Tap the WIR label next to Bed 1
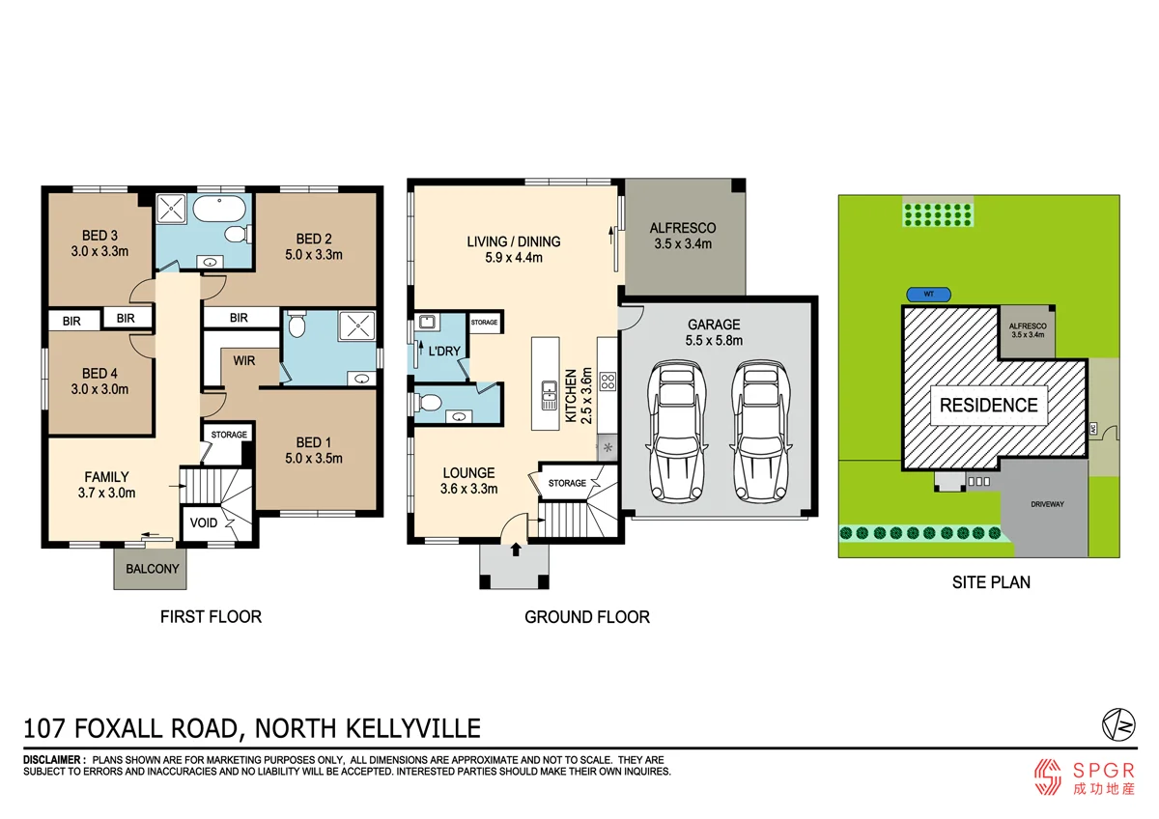(x=244, y=361)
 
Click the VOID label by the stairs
(x=204, y=522)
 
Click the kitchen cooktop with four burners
(x=608, y=381)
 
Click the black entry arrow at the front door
(x=515, y=550)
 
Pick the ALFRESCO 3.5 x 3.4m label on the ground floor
(x=683, y=236)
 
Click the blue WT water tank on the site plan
(x=927, y=293)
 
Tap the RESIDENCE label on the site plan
(x=989, y=406)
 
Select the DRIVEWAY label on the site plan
(x=1047, y=504)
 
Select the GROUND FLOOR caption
(x=586, y=616)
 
